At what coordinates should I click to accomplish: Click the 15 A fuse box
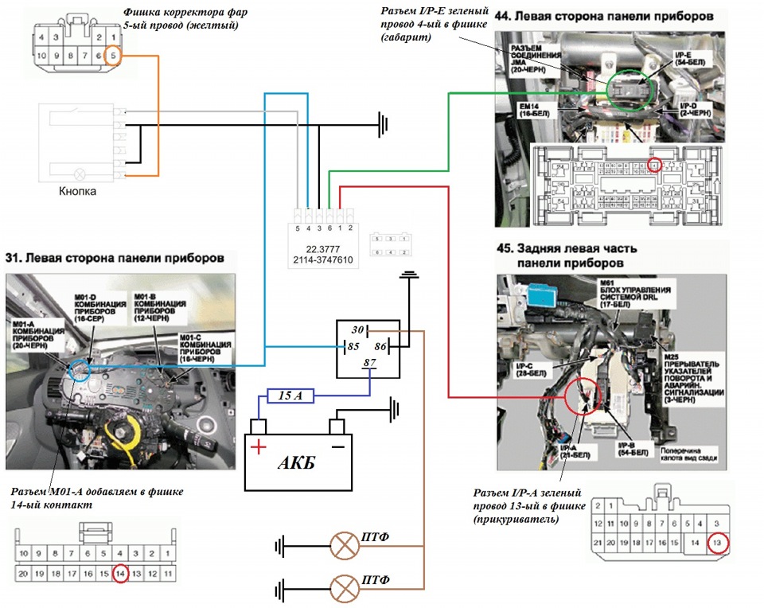pos(283,395)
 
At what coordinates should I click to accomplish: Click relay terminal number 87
pos(368,363)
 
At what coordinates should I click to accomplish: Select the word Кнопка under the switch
pos(80,191)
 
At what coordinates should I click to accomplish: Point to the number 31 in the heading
pos(14,258)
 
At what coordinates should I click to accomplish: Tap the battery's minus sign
pos(337,446)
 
